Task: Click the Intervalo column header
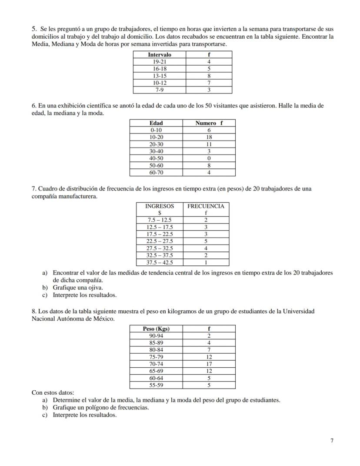159,55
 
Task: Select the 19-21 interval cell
159,62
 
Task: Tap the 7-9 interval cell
159,90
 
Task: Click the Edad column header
156,123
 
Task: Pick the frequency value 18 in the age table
209,137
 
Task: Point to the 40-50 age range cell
156,158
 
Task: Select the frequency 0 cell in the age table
209,158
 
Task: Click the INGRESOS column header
160,206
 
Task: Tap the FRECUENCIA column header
206,206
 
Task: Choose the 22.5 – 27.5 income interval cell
160,241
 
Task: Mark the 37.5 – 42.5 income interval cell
160,262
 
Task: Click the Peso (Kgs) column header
156,329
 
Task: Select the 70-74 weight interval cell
156,364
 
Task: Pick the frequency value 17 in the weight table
209,364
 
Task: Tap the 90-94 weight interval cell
156,336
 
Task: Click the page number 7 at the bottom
332,441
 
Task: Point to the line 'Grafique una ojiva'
78,288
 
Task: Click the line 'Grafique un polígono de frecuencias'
100,408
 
